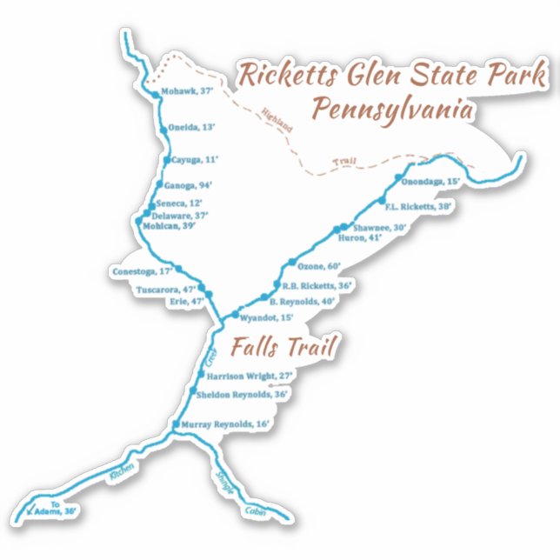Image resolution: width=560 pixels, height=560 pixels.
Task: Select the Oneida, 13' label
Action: point(191,127)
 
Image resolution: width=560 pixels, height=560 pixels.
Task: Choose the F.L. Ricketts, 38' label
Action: point(419,207)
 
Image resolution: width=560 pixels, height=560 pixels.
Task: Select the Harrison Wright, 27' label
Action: point(251,377)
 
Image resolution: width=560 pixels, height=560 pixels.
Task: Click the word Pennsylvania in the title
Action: point(392,110)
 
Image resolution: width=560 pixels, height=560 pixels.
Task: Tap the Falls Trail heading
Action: point(283,348)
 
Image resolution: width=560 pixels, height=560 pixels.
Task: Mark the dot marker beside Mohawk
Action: point(154,93)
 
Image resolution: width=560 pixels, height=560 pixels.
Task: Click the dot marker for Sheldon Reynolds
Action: point(194,393)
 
